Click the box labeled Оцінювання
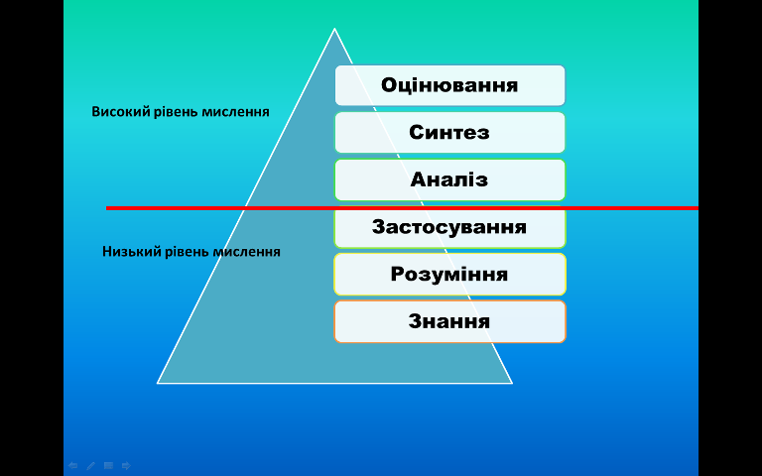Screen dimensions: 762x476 pyautogui.click(x=450, y=85)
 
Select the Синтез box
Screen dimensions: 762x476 pyautogui.click(x=450, y=133)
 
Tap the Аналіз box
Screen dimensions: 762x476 pyautogui.click(x=450, y=179)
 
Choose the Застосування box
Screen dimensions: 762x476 pyautogui.click(x=450, y=227)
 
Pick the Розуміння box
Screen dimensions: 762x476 pyautogui.click(x=450, y=275)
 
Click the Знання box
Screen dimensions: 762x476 pyautogui.click(x=450, y=321)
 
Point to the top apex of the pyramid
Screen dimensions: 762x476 pyautogui.click(x=334, y=29)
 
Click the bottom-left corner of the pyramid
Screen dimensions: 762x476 pyautogui.click(x=158, y=383)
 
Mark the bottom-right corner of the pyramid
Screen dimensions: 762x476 pyautogui.click(x=512, y=383)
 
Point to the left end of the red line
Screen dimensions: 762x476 pyautogui.click(x=106, y=208)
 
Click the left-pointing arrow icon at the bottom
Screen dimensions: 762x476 pyautogui.click(x=72, y=466)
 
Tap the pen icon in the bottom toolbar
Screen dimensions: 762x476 pyautogui.click(x=91, y=466)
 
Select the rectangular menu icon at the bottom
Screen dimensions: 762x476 pyautogui.click(x=108, y=466)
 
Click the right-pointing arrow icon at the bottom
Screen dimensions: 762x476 pyautogui.click(x=126, y=466)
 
